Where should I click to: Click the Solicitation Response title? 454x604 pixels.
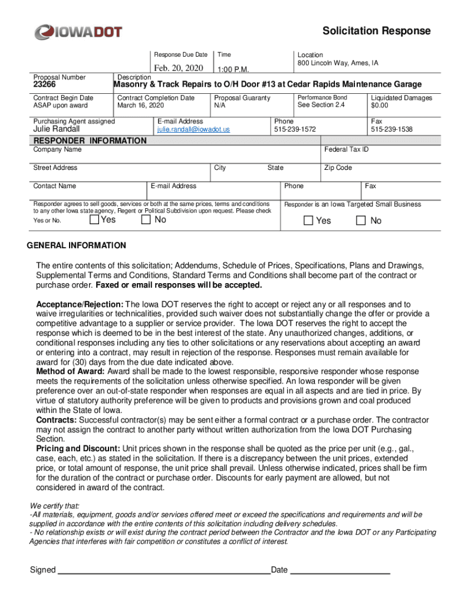pos(376,31)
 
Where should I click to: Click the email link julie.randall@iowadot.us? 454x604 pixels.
pos(193,129)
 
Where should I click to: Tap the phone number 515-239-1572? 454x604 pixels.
pos(295,129)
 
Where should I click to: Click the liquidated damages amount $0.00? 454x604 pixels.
pos(380,106)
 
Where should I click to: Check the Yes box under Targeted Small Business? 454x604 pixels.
pos(308,221)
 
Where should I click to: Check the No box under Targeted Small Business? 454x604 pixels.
pos(361,221)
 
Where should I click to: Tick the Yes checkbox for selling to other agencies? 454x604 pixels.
pos(94,220)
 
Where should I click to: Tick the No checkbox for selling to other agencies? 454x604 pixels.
pos(146,220)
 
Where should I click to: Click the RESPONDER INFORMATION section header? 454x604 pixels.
pos(90,141)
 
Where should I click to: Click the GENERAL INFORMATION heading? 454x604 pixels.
pos(77,245)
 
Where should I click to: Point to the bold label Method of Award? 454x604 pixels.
pos(70,372)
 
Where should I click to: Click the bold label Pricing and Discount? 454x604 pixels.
pos(78,449)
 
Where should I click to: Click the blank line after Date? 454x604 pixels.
pos(340,570)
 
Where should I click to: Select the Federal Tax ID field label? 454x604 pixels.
pos(346,150)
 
